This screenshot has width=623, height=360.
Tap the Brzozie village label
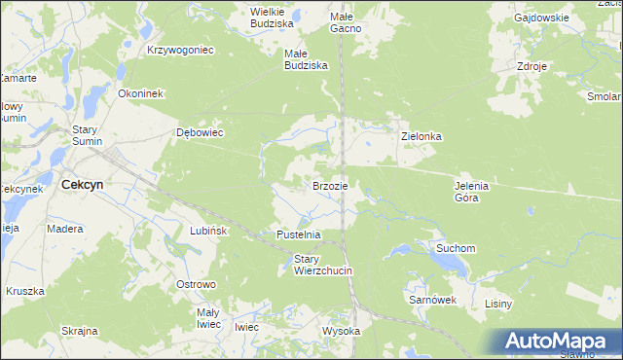pos(330,185)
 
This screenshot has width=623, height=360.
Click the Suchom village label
pos(456,248)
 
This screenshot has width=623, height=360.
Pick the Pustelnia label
pos(299,234)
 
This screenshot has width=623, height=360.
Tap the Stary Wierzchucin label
pos(322,264)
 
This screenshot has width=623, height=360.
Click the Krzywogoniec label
pos(180,49)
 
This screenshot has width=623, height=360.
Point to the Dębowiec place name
pos(200,132)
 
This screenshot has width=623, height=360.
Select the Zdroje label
pos(533,67)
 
